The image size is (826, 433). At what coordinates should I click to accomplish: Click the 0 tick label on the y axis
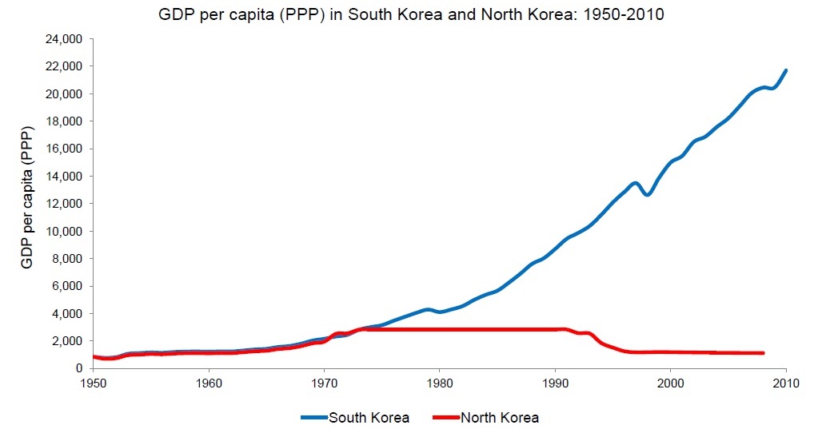click(79, 368)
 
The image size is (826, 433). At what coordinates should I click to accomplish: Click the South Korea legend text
click(369, 417)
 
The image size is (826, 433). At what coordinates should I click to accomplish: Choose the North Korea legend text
click(499, 417)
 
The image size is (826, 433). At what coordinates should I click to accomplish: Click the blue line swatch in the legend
click(313, 417)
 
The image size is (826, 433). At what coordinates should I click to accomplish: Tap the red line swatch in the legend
click(445, 417)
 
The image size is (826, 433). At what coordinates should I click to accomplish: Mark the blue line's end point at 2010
click(786, 70)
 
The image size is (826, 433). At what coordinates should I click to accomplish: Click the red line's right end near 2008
click(763, 352)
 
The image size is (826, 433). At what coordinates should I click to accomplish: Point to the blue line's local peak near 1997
click(636, 183)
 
